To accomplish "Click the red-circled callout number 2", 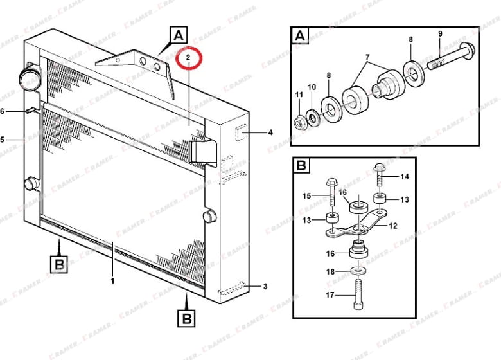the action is point(188,58).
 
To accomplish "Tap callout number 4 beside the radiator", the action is point(270,132).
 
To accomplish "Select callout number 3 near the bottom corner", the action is point(265,286).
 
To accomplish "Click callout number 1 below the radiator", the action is point(112,281).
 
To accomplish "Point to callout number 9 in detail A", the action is point(440,34).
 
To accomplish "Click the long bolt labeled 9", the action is point(451,57).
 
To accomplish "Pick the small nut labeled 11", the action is point(300,122).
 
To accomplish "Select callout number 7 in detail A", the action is point(367,57).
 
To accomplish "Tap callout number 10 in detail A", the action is point(312,87).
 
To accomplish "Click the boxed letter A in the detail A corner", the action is point(300,35).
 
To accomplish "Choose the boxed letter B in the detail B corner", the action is point(301,166).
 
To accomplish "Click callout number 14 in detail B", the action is point(405,177).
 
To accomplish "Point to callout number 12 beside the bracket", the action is point(393,226).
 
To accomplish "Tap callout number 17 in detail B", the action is point(330,295).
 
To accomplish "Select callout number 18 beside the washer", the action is point(330,272).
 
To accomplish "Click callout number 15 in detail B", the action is point(307,195).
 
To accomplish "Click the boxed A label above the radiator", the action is point(179,35).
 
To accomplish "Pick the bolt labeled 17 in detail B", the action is point(358,294).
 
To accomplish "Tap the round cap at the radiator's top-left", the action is point(29,78).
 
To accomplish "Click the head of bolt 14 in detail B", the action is point(379,167).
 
